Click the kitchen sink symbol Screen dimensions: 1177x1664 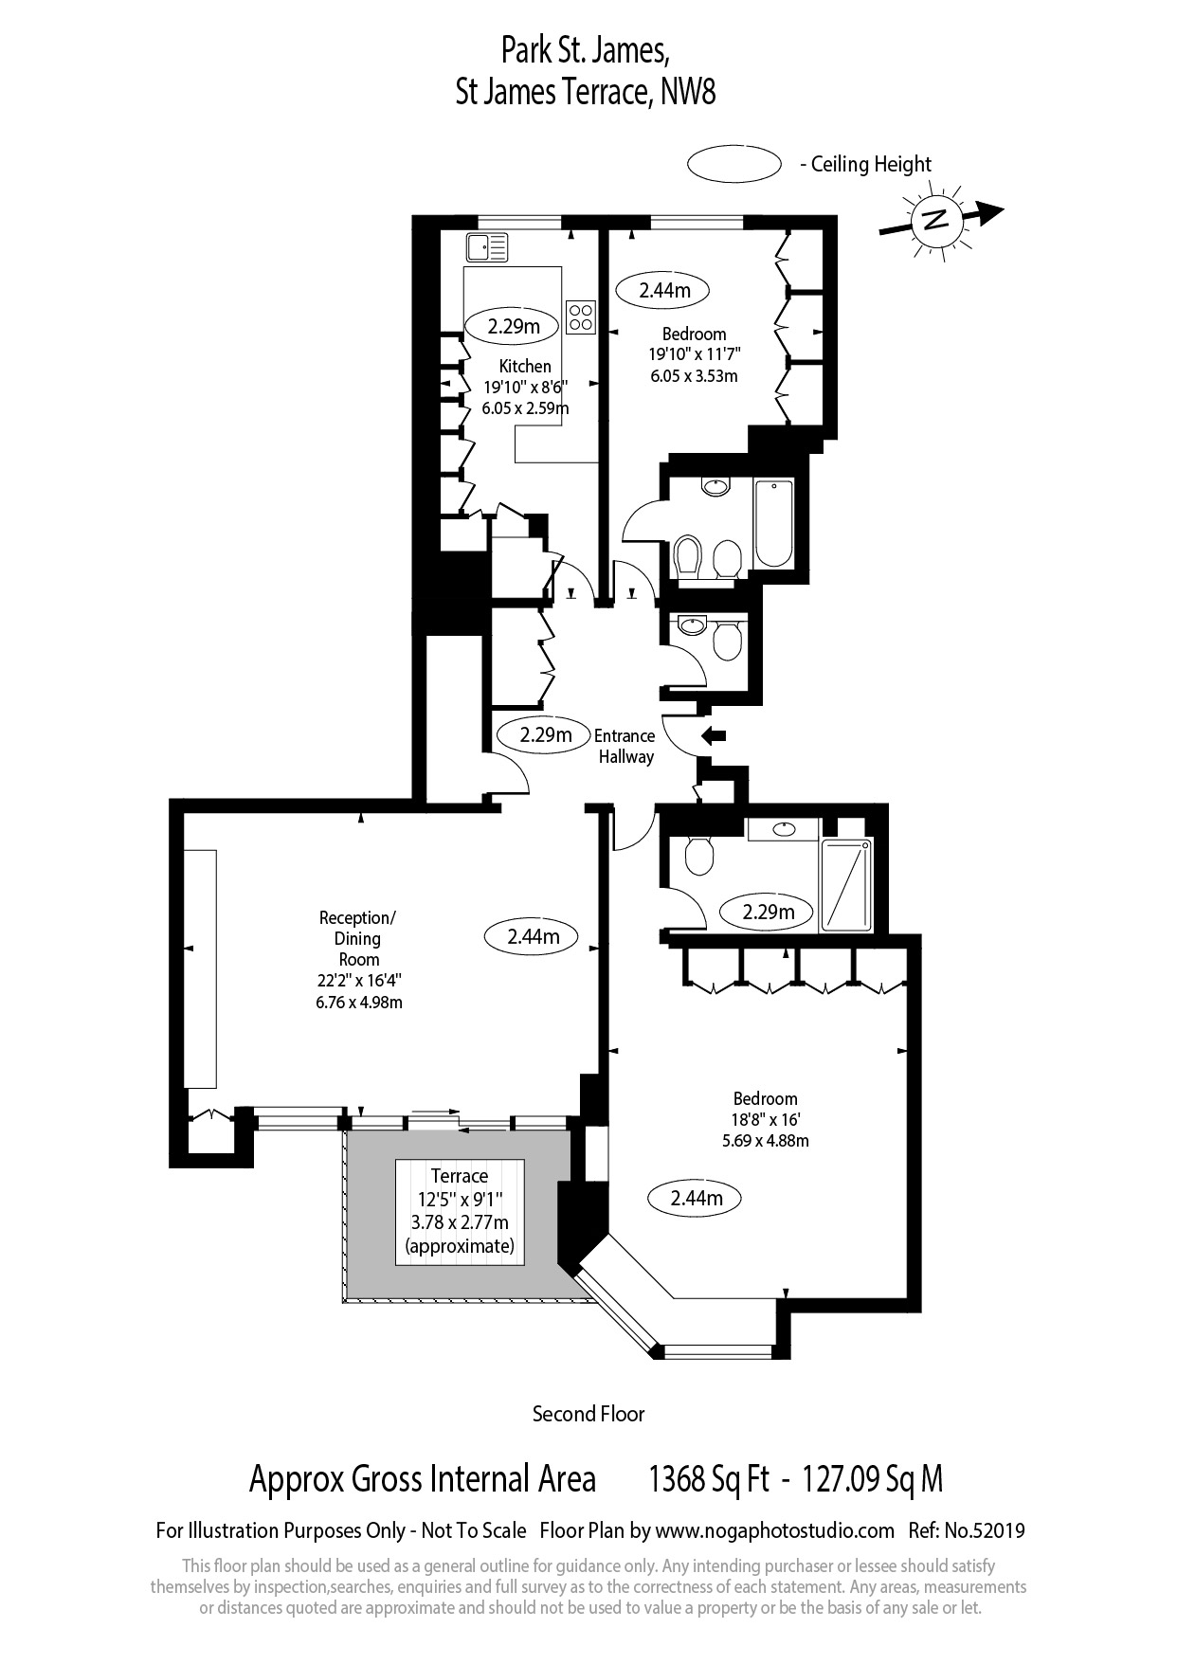[x=487, y=247]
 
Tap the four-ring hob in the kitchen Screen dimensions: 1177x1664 [x=581, y=317]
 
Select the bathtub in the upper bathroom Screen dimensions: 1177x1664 [x=773, y=524]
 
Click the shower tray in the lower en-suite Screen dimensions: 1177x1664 [x=846, y=884]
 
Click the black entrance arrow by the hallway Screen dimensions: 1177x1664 [x=713, y=735]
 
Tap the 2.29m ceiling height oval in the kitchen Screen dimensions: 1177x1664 [x=514, y=327]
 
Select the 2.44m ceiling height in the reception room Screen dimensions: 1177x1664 [x=534, y=936]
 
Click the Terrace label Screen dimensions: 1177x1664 [x=460, y=1176]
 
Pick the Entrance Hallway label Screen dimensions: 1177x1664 [x=625, y=746]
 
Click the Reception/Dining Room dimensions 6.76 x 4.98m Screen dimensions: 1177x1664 [x=359, y=1002]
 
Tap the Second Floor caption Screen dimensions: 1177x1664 [x=588, y=1414]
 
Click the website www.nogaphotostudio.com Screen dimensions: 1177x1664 [x=775, y=1530]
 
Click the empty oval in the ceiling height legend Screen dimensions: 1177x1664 [x=733, y=164]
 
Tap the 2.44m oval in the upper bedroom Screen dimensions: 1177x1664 [x=663, y=290]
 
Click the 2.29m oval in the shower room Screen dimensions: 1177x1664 [x=768, y=913]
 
